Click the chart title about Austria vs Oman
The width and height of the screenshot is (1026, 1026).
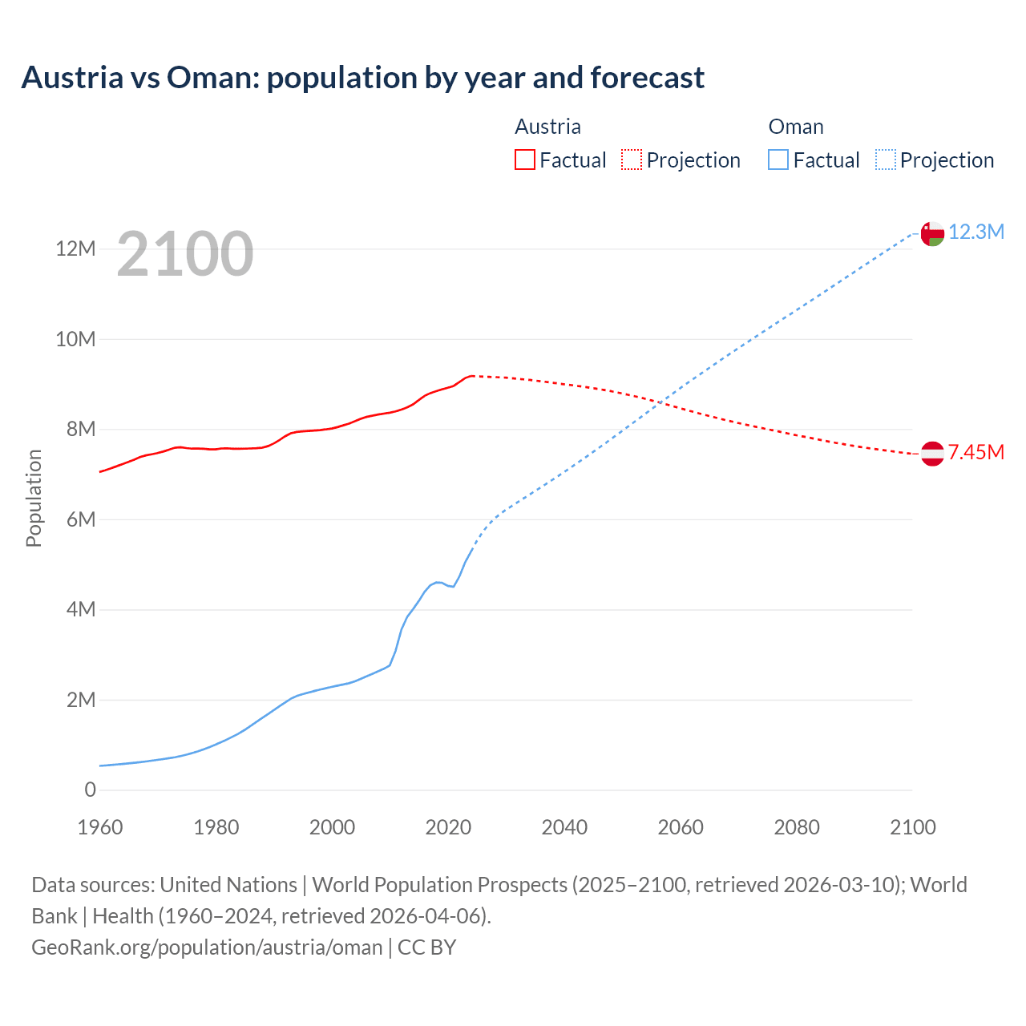click(362, 78)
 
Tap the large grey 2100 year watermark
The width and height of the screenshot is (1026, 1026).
click(185, 254)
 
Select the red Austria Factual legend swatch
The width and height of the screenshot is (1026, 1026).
click(524, 160)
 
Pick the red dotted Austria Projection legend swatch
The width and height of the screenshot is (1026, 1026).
click(632, 160)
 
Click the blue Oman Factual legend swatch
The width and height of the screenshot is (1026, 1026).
click(778, 160)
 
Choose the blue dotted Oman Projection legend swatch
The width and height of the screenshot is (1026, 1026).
click(885, 160)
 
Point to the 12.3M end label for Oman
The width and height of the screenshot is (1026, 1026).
click(976, 232)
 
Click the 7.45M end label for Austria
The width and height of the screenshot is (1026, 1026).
click(976, 453)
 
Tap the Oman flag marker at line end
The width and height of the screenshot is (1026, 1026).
click(932, 233)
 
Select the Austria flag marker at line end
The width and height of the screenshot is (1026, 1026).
click(932, 454)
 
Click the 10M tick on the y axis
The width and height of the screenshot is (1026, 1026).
click(75, 339)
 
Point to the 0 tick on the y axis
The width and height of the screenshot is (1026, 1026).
click(90, 790)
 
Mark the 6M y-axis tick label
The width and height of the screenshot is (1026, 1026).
click(80, 519)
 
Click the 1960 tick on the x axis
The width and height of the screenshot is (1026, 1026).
click(100, 827)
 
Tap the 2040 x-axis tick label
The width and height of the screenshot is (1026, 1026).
click(564, 827)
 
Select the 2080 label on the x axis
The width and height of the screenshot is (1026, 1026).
click(797, 827)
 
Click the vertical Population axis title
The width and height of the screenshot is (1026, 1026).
click(34, 498)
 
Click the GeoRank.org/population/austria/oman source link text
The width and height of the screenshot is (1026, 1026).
click(207, 947)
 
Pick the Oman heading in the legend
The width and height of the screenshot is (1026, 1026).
click(795, 127)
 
